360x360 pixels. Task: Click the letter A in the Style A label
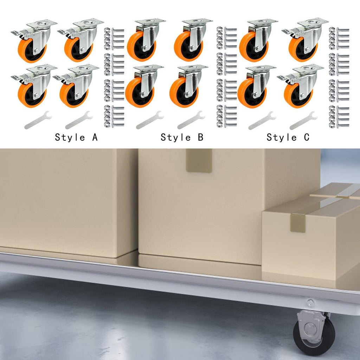point(95,137)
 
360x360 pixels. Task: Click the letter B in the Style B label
point(200,137)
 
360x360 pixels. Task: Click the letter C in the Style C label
point(307,137)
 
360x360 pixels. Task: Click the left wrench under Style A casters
point(38,120)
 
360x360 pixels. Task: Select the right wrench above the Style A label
point(79,120)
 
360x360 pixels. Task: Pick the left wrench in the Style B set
point(150,120)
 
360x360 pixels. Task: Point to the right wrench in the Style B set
point(191,120)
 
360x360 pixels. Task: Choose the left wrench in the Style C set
point(262,120)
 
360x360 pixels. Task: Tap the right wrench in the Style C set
point(303,120)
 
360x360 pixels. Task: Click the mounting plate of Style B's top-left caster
point(150,22)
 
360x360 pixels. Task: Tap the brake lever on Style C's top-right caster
point(289,32)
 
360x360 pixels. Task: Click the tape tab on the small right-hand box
point(297,223)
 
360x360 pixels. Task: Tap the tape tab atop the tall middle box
point(199,160)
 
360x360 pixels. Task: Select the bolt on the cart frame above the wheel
point(310,303)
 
